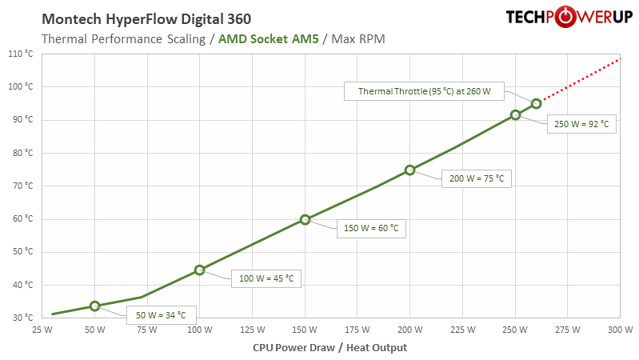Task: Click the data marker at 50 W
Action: point(95,306)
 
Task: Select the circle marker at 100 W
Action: point(200,270)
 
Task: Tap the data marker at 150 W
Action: point(305,219)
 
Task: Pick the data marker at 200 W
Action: point(409,170)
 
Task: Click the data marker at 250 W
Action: point(515,115)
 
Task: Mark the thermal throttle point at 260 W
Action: point(536,103)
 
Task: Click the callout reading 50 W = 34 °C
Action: point(161,314)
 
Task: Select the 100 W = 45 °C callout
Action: point(267,278)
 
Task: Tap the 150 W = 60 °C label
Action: point(371,228)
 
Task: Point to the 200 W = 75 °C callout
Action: point(477,178)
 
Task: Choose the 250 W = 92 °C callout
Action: point(581,124)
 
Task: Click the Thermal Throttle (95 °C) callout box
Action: point(424,91)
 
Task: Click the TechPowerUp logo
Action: point(568,18)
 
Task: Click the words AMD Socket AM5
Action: point(273,38)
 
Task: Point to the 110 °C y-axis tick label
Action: point(20,54)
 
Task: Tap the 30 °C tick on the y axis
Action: point(22,318)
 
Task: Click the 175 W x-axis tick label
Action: point(357,330)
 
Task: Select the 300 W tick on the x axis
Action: point(620,330)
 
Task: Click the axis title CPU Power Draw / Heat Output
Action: point(329,347)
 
